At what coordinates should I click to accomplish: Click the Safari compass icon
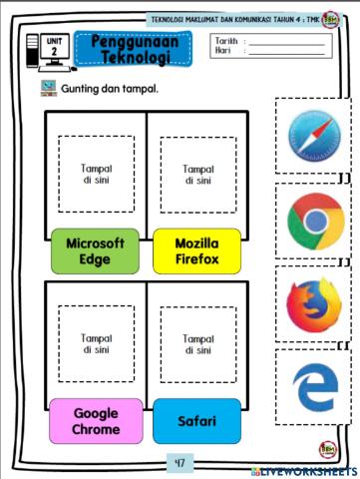(314, 138)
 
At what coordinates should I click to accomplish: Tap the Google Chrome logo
(314, 222)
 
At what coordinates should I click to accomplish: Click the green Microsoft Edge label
(95, 250)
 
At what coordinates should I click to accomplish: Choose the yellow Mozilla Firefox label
(196, 250)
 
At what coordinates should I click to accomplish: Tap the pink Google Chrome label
(95, 421)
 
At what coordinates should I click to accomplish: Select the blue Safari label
(196, 421)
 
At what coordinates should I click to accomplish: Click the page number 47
(180, 462)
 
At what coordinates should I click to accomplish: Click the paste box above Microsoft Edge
(96, 175)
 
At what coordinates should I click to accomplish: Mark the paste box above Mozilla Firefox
(197, 175)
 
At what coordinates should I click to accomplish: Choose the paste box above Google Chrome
(96, 344)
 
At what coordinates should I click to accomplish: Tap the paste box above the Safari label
(197, 344)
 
